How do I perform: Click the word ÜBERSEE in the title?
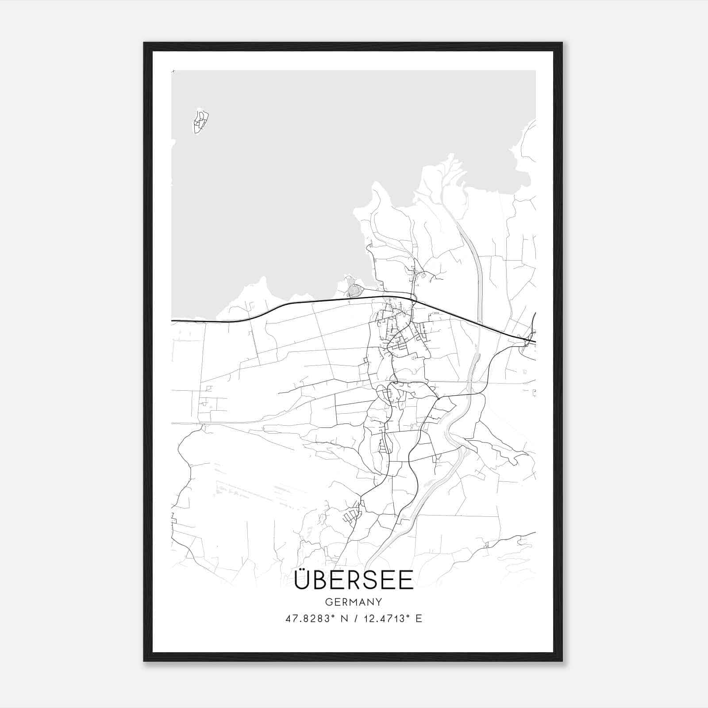click(x=354, y=580)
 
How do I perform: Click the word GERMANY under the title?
click(x=354, y=602)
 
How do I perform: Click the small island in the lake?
click(x=201, y=121)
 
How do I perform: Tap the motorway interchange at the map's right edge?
click(x=530, y=340)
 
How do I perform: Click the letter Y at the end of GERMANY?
click(x=379, y=602)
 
